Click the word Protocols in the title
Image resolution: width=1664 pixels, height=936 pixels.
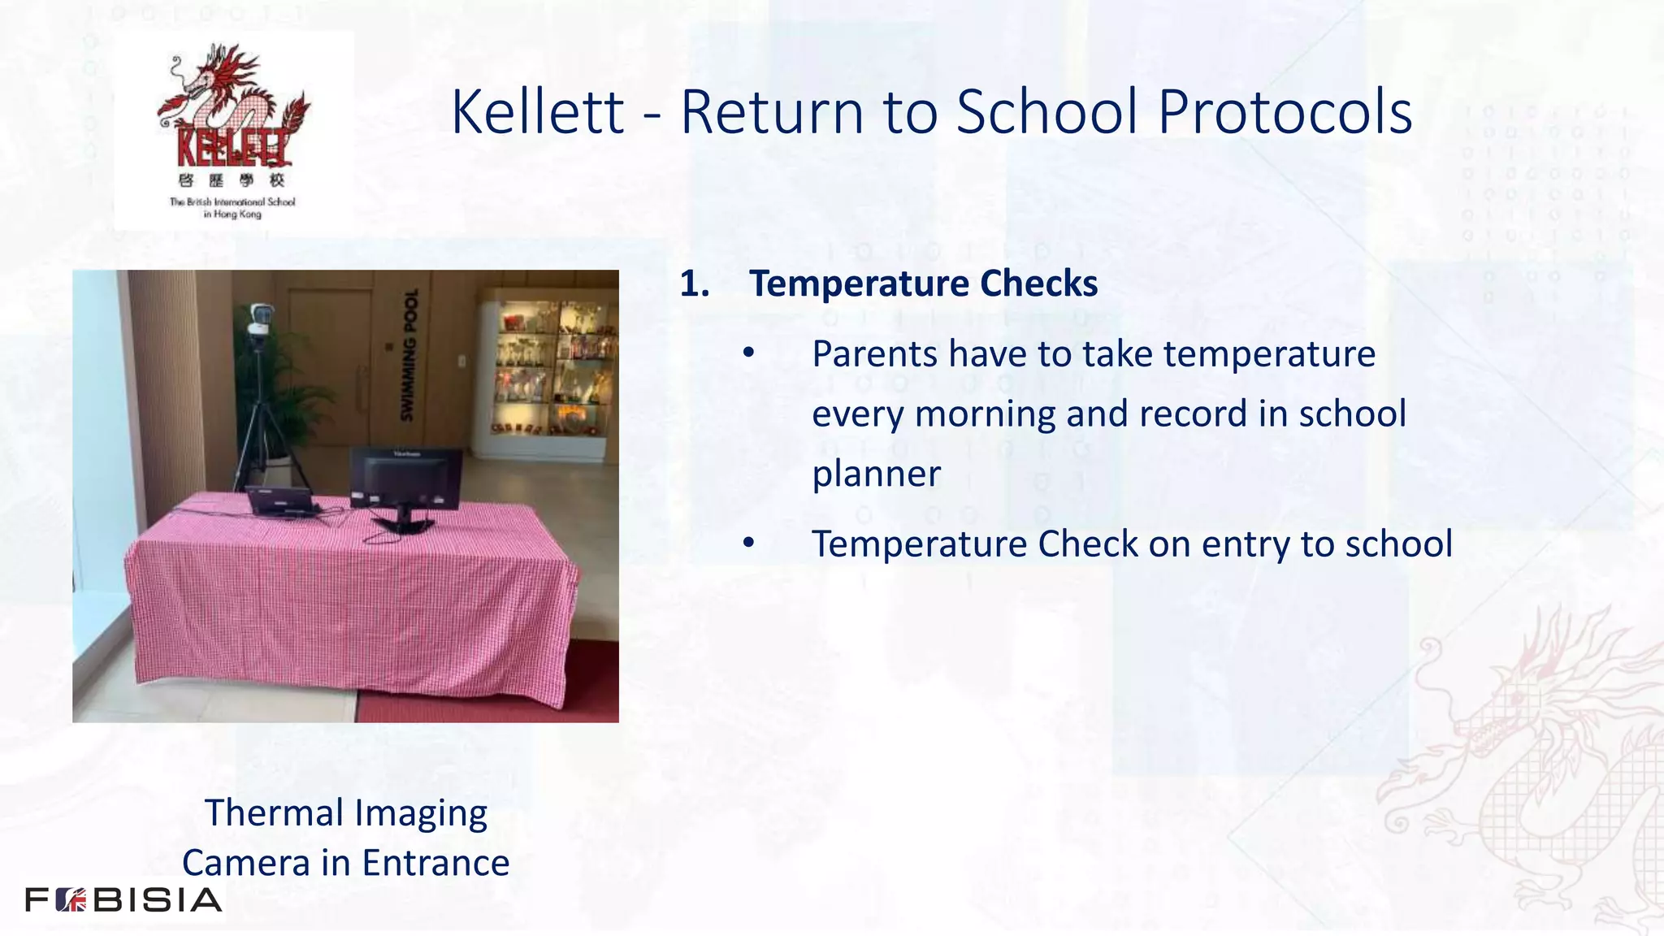[x=1285, y=112]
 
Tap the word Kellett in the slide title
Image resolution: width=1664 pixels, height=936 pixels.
[x=538, y=112]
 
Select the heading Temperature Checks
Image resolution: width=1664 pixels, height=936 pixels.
[x=923, y=284]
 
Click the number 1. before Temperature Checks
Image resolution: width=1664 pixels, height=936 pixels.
[x=695, y=284]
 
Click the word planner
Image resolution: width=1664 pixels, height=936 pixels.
[x=876, y=474]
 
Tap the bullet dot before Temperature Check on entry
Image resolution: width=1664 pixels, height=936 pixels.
[x=748, y=544]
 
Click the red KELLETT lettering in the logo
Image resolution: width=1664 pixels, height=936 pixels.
[x=232, y=148]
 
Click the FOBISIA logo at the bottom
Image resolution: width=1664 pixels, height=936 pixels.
[x=123, y=900]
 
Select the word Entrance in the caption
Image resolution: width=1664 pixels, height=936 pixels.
[x=435, y=863]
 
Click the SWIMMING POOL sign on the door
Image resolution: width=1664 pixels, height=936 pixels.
[x=409, y=355]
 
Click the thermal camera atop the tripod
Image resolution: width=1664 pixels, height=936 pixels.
[x=258, y=320]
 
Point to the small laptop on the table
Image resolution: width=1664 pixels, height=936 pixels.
[x=280, y=501]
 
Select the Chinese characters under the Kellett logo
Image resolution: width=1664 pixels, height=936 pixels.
[x=231, y=180]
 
